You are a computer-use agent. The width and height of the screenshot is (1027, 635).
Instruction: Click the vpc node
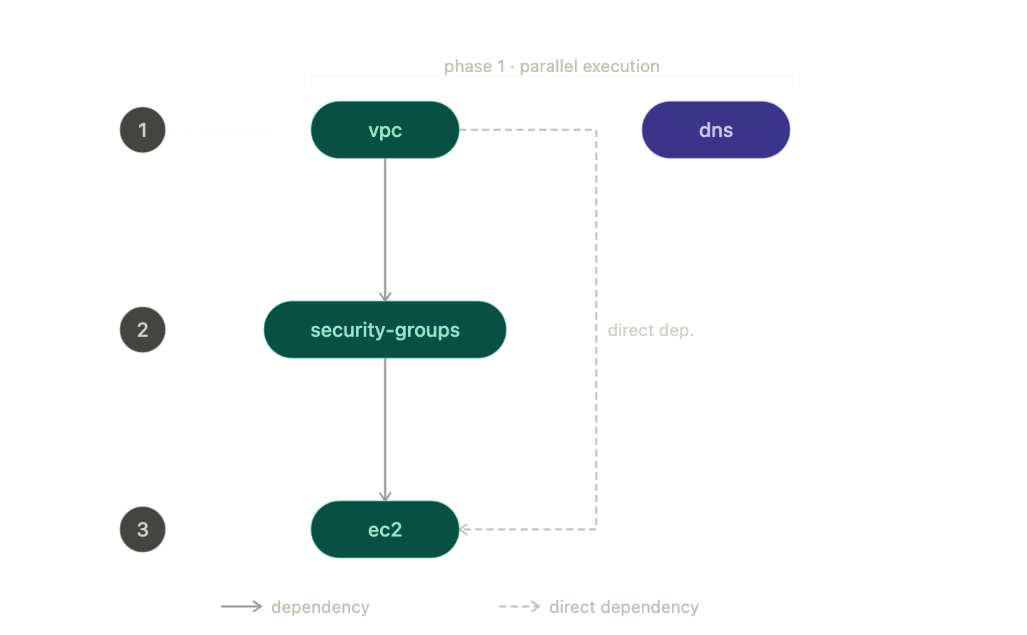[x=384, y=130]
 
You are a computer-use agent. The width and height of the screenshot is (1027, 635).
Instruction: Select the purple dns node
[x=715, y=130]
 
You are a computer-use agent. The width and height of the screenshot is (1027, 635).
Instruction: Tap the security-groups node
[x=384, y=330]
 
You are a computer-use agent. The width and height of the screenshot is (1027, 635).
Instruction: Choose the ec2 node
[x=384, y=529]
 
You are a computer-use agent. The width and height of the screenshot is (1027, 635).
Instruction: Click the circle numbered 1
[x=143, y=130]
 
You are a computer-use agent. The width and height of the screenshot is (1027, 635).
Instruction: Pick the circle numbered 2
[x=143, y=330]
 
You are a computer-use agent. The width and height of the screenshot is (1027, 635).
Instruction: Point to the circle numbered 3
[x=143, y=529]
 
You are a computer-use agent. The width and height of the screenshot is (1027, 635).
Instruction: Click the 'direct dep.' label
[x=650, y=330]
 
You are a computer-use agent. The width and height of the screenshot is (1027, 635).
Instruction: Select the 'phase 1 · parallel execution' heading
[x=551, y=66]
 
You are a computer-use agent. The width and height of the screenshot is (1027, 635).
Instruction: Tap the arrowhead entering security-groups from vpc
[x=385, y=296]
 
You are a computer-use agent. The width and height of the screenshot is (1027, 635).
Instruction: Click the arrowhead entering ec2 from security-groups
[x=385, y=496]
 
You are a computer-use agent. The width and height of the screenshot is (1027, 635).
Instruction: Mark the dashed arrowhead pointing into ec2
[x=464, y=529]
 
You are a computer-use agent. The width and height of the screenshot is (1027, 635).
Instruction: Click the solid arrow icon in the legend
[x=241, y=606]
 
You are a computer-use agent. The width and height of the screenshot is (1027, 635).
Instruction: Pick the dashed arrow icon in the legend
[x=519, y=606]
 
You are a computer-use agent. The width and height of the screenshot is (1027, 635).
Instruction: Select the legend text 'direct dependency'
[x=623, y=607]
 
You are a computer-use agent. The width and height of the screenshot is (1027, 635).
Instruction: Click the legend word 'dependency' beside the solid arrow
[x=320, y=607]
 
